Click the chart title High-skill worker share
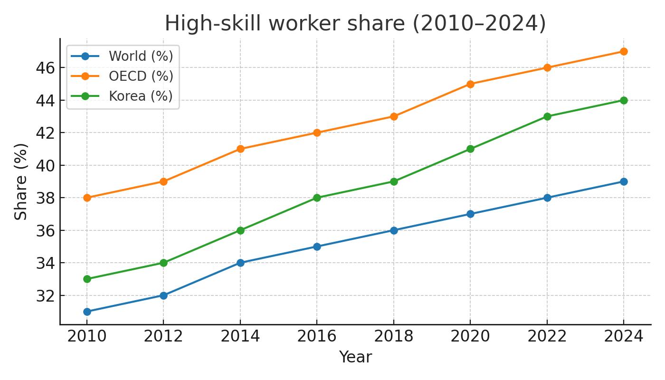pyautogui.click(x=355, y=23)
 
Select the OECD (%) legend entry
pyautogui.click(x=141, y=76)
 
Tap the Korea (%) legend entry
pyautogui.click(x=141, y=96)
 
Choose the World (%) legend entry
pyautogui.click(x=141, y=56)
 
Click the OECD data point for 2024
pyautogui.click(x=624, y=51)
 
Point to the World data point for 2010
pyautogui.click(x=87, y=312)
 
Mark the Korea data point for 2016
pyautogui.click(x=317, y=198)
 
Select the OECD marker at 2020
pyautogui.click(x=470, y=84)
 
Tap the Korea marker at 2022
pyautogui.click(x=547, y=116)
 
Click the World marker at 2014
pyautogui.click(x=240, y=263)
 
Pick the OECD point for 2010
pyautogui.click(x=87, y=198)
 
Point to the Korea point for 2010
pyautogui.click(x=87, y=279)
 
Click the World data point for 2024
pyautogui.click(x=624, y=181)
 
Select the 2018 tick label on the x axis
pyautogui.click(x=394, y=336)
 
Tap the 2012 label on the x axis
pyautogui.click(x=163, y=336)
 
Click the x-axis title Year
pyautogui.click(x=355, y=357)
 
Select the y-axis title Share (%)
pyautogui.click(x=21, y=181)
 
